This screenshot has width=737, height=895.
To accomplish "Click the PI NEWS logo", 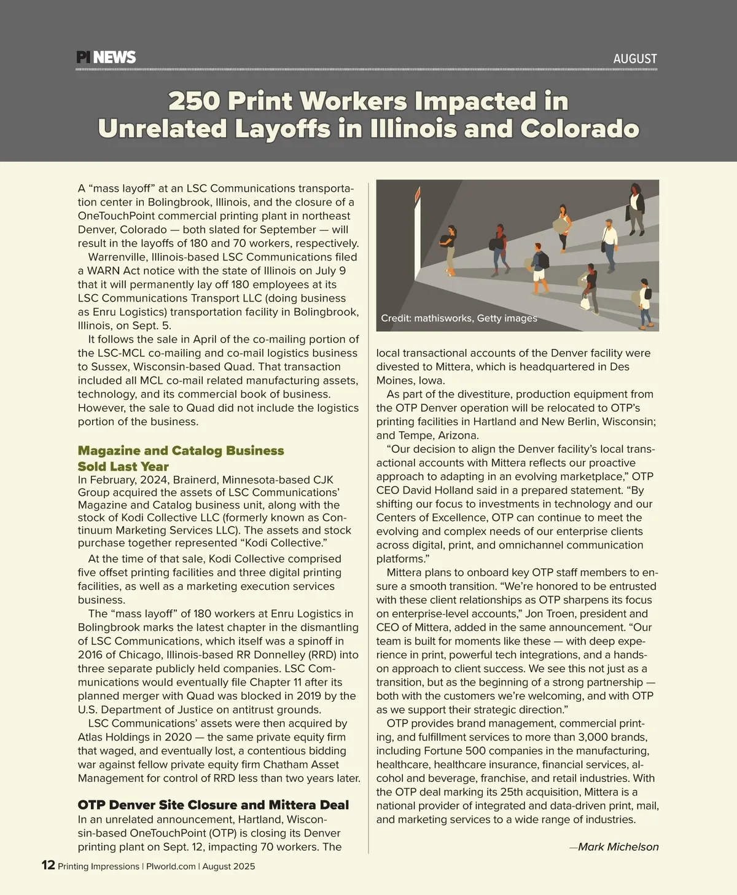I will coord(106,58).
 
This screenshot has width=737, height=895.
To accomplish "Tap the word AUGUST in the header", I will coord(634,59).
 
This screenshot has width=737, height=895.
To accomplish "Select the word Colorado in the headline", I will coord(580,129).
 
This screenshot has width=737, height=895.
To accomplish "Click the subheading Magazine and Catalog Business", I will coord(181,451).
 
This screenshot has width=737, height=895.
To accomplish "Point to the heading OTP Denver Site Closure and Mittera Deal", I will coord(213,805).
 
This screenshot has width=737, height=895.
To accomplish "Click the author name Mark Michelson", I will coord(618,847).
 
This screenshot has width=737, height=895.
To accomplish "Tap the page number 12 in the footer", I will coord(48,866).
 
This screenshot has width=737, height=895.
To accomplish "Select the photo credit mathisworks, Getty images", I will coord(459,318).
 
